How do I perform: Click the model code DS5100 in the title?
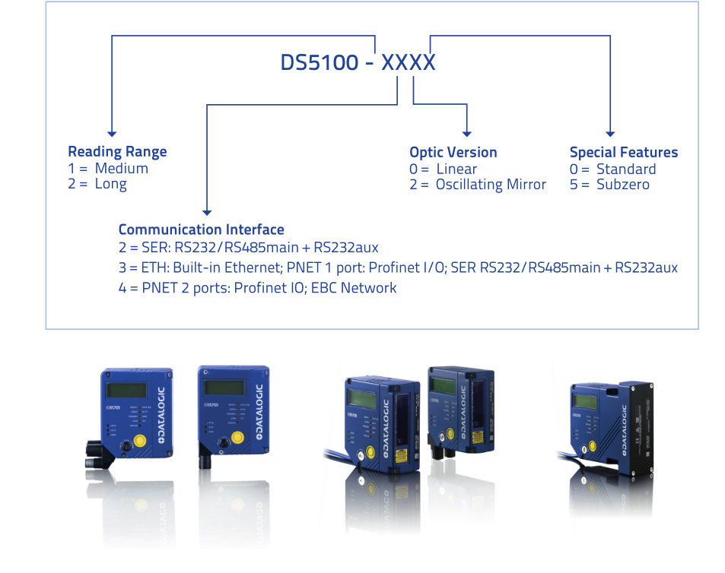pyautogui.click(x=319, y=62)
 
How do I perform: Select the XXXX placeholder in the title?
pyautogui.click(x=408, y=62)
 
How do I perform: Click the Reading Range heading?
pyautogui.click(x=117, y=151)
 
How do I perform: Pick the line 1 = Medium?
pyautogui.click(x=108, y=169)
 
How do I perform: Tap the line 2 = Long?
pyautogui.click(x=97, y=184)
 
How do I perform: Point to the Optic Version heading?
pyautogui.click(x=453, y=152)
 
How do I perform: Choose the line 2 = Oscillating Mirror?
pyautogui.click(x=478, y=185)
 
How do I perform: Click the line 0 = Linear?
pyautogui.click(x=444, y=169)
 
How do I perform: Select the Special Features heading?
pyautogui.click(x=623, y=152)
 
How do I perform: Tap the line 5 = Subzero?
pyautogui.click(x=609, y=185)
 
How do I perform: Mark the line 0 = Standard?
pyautogui.click(x=612, y=169)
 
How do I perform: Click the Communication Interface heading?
pyautogui.click(x=201, y=230)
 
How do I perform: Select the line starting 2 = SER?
pyautogui.click(x=248, y=248)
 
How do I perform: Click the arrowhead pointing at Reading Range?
pyautogui.click(x=112, y=134)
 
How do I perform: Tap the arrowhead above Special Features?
pyautogui.click(x=610, y=134)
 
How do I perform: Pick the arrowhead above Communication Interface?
pyautogui.click(x=207, y=213)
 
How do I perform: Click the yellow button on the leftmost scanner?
pyautogui.click(x=141, y=442)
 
